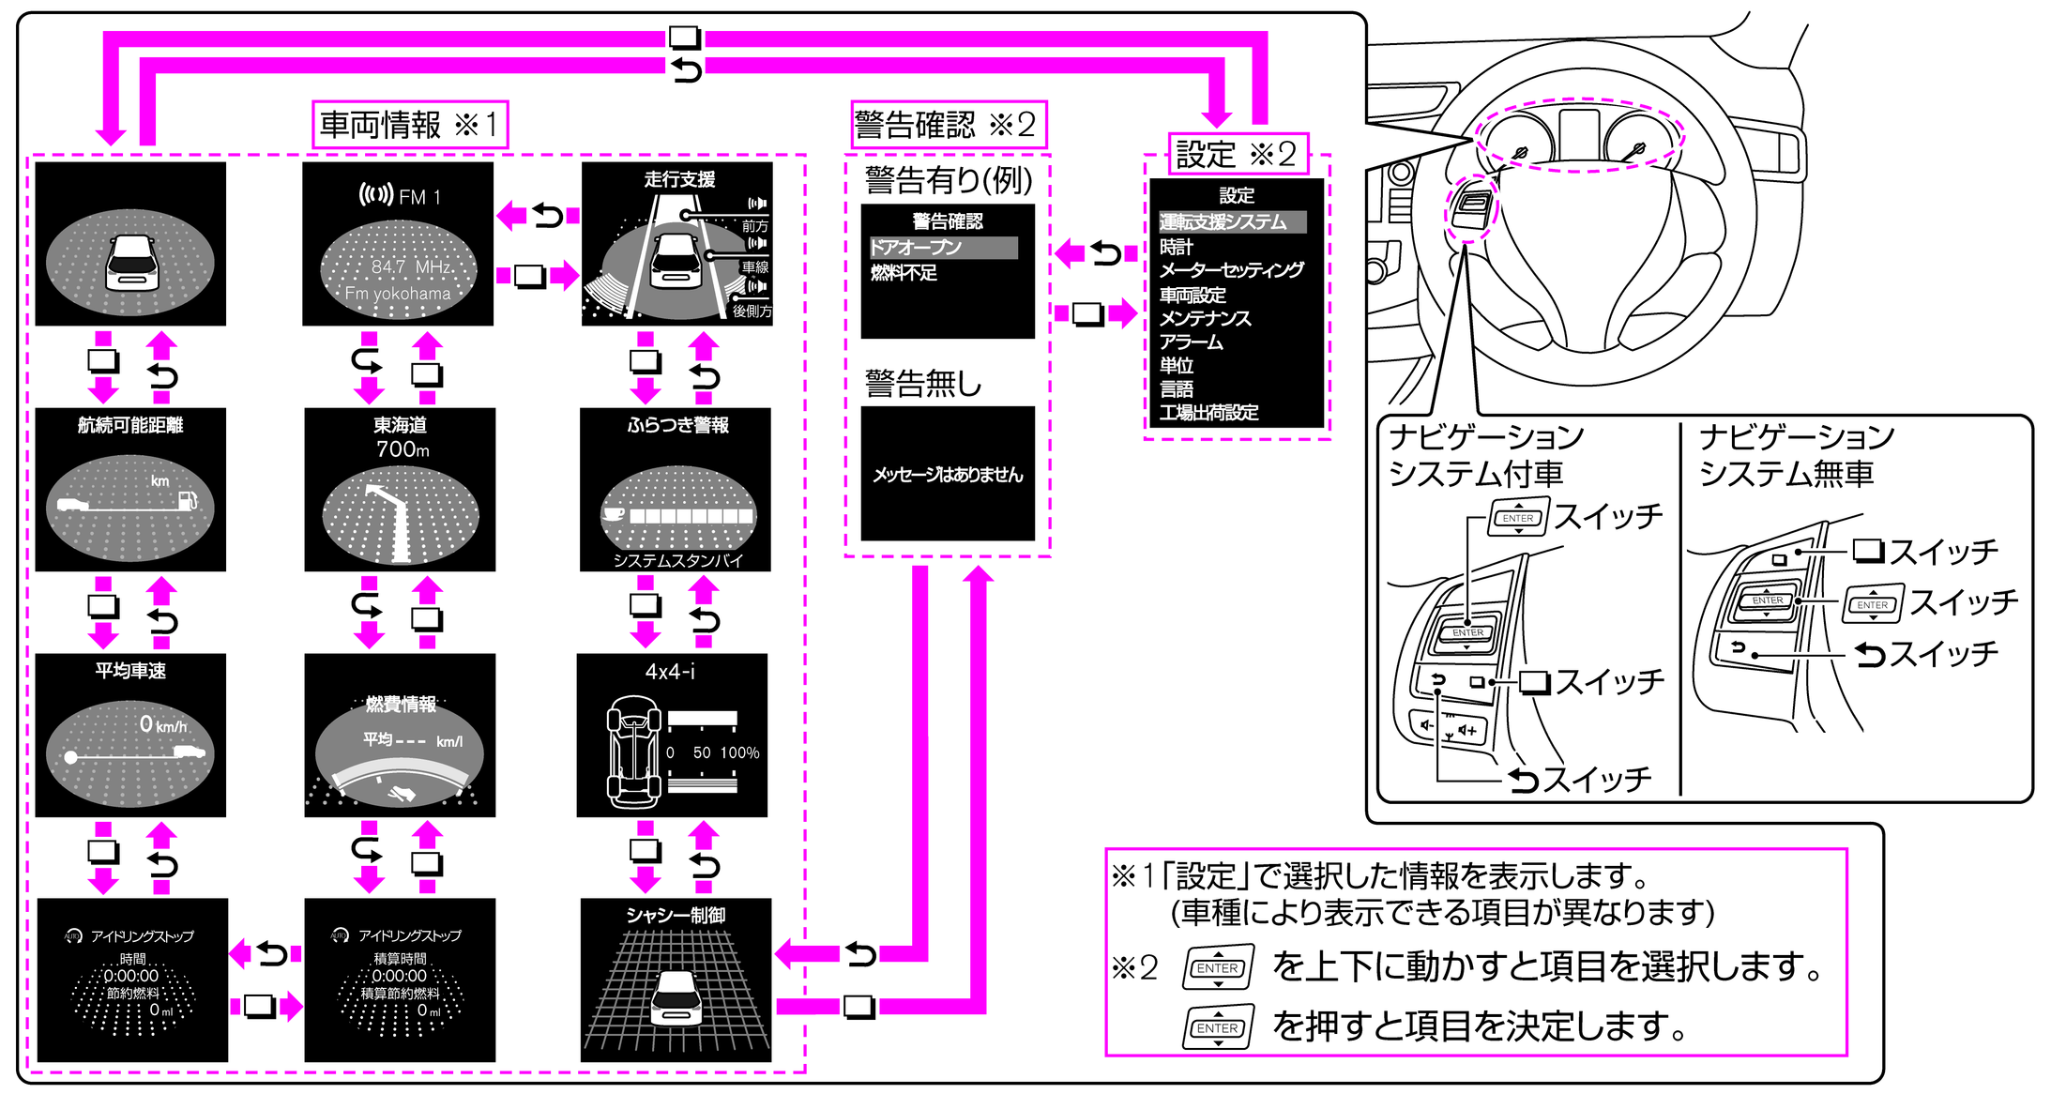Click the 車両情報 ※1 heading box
click(410, 125)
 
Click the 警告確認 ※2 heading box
click(948, 125)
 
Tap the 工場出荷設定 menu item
click(1208, 413)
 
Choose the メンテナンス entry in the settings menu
click(1205, 319)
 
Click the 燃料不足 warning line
click(904, 273)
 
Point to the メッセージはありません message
click(948, 475)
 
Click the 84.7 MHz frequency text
click(411, 267)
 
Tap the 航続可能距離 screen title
click(130, 425)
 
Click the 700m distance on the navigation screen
click(403, 449)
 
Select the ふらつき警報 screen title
click(677, 425)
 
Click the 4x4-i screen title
click(670, 672)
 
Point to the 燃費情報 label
click(401, 704)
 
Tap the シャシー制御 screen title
click(676, 915)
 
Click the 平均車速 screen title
click(130, 671)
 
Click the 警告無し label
click(923, 384)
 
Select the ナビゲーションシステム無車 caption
click(1796, 456)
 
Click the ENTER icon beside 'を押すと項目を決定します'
click(1218, 1027)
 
